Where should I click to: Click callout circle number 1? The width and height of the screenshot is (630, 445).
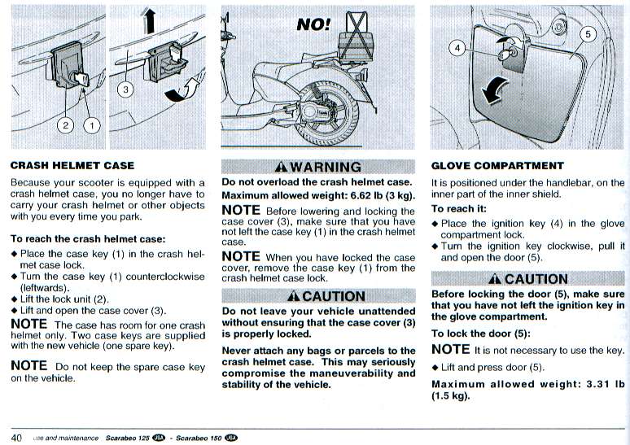(92, 126)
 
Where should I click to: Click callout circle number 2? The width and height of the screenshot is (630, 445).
(65, 126)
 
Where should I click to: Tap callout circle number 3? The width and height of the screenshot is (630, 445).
(125, 89)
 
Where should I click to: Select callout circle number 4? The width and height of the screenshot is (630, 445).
(457, 49)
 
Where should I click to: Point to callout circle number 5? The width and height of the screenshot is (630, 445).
(588, 34)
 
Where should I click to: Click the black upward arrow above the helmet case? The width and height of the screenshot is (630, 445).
(149, 21)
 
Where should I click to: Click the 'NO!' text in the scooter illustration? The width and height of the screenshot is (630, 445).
(313, 25)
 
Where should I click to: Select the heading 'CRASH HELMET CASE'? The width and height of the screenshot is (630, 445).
(72, 165)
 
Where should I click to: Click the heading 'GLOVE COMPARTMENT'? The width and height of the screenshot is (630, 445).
(497, 166)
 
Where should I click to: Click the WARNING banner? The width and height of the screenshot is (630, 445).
(318, 167)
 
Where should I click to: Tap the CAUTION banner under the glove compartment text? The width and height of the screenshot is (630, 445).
(527, 279)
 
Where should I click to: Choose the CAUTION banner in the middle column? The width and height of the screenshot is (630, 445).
(318, 296)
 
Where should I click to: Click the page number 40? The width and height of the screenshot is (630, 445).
(16, 438)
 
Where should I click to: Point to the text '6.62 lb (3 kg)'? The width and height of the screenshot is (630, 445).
(383, 195)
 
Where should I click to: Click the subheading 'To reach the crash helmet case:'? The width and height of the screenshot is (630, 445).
(88, 239)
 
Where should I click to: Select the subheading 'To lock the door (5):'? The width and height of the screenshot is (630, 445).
(481, 334)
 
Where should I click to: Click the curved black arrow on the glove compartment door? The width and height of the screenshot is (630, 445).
(493, 90)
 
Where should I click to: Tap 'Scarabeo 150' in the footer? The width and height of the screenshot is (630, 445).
(199, 438)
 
